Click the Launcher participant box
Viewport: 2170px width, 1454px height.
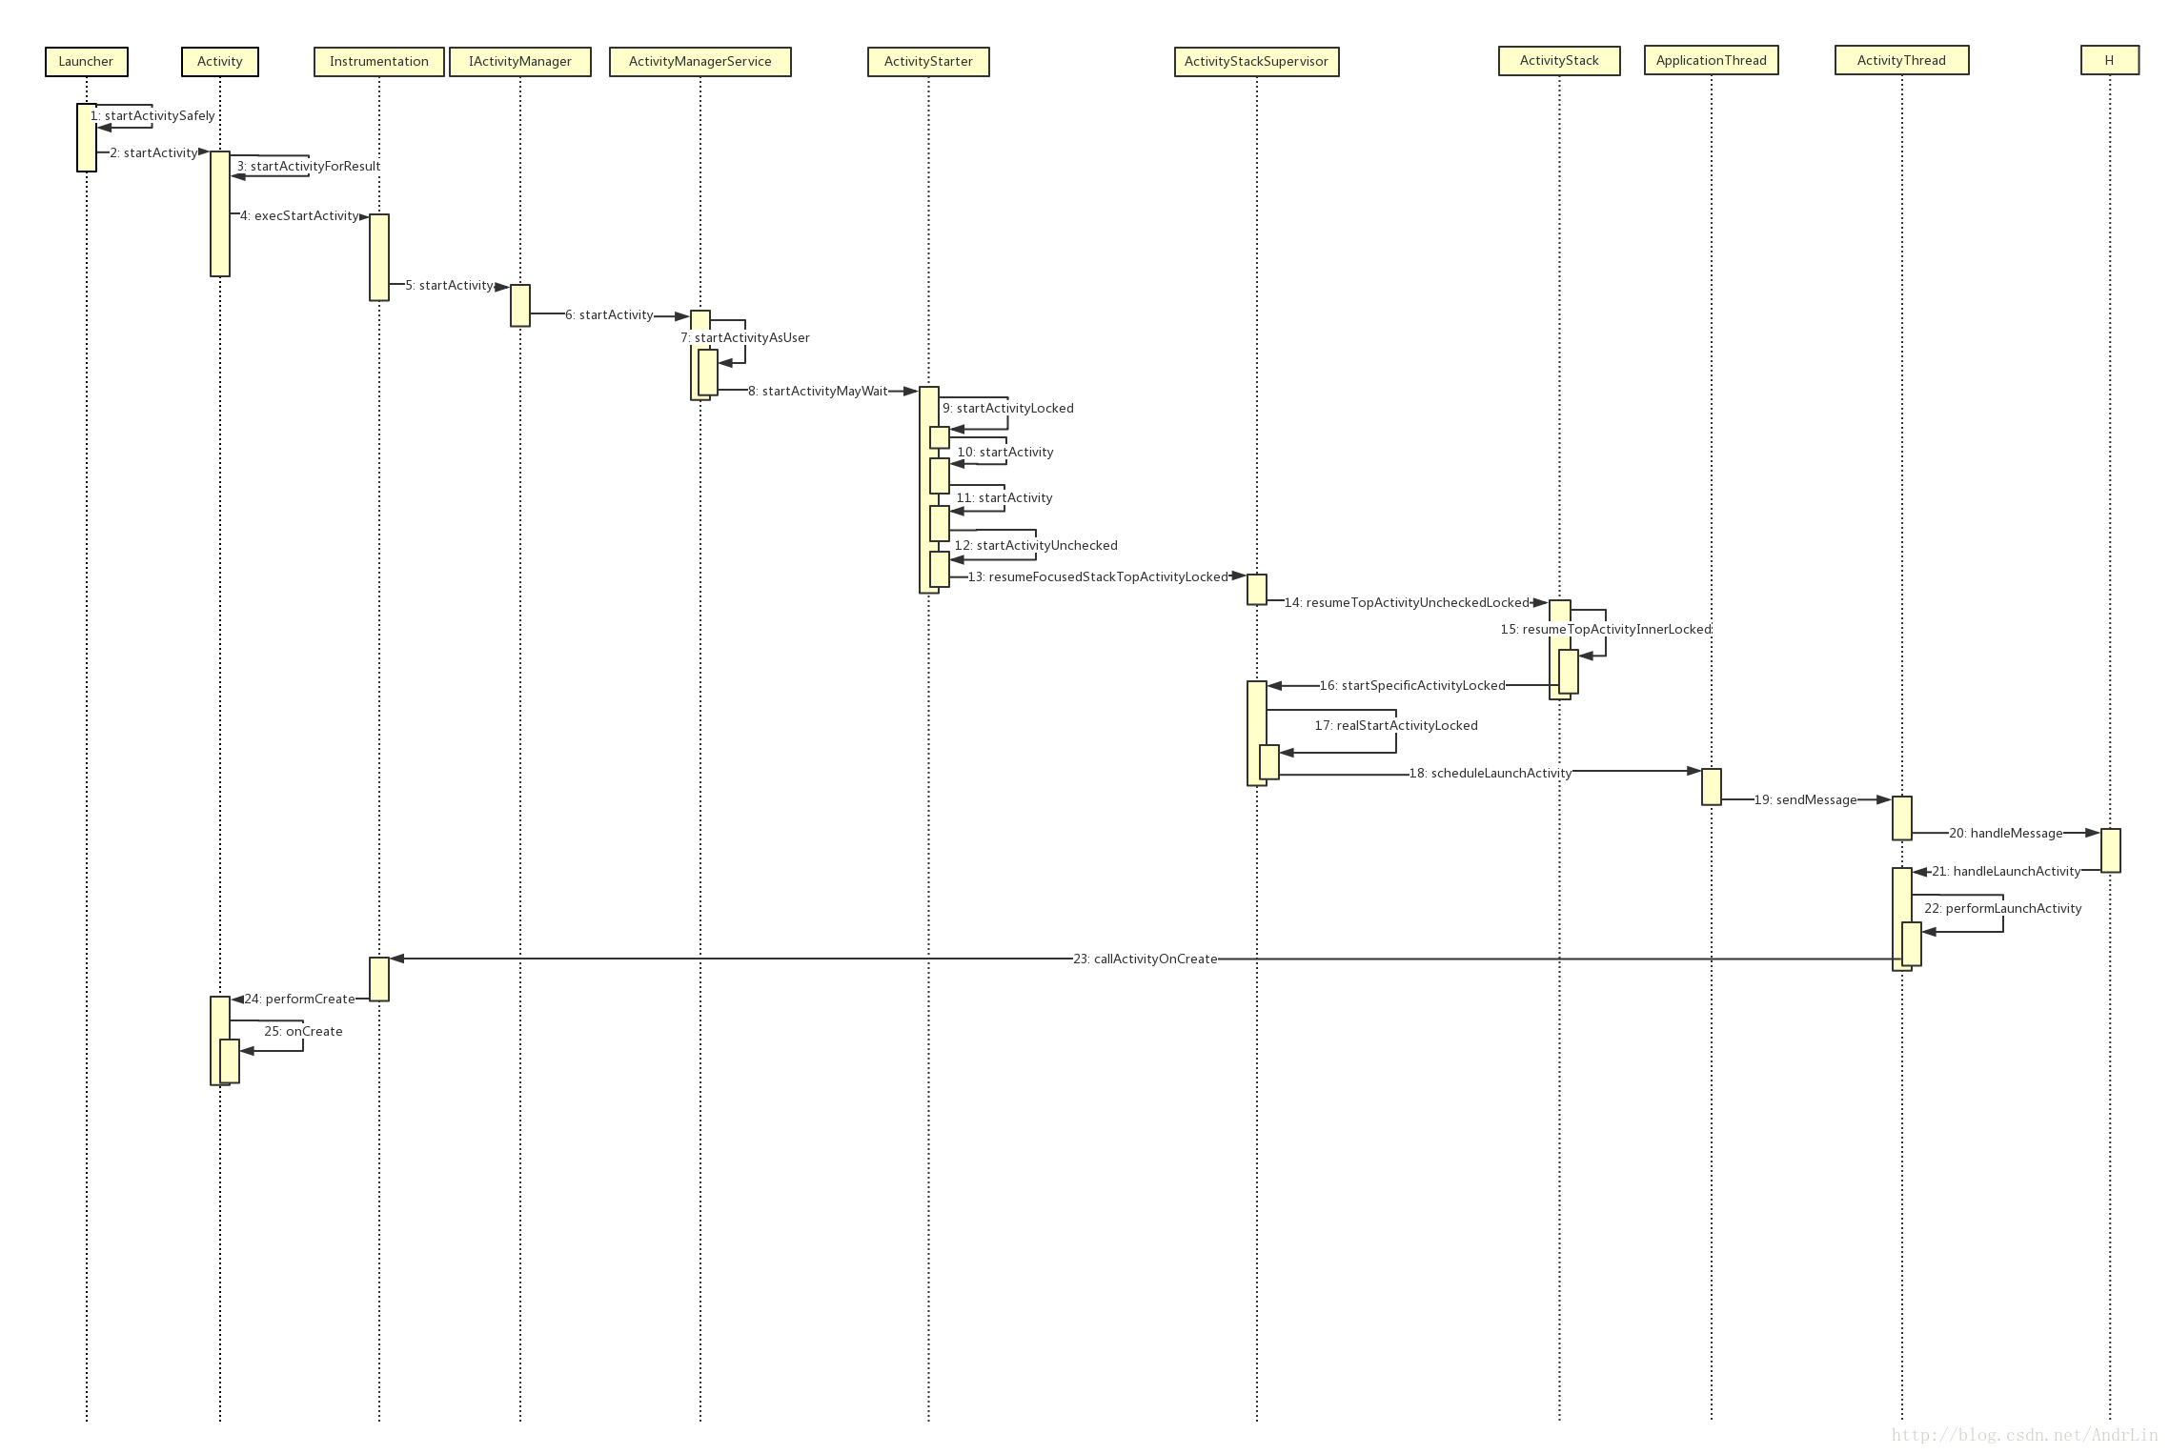pos(86,62)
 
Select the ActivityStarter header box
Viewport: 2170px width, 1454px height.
pos(928,62)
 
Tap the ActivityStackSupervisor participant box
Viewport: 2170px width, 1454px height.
pos(1256,62)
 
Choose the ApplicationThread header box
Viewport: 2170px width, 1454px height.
pos(1711,61)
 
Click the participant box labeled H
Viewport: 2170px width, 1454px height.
pos(2109,61)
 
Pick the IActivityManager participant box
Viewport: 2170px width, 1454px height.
pos(519,62)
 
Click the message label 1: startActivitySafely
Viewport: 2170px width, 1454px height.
pos(153,116)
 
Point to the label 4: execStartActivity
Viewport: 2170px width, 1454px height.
pos(299,216)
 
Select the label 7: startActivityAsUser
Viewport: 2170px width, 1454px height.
pos(745,338)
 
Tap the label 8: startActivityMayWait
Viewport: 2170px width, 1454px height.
pos(818,392)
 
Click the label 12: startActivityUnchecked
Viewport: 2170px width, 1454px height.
pos(1036,546)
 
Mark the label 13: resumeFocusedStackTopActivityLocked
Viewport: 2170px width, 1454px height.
pos(1098,577)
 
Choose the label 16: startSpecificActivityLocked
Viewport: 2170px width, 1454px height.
pos(1412,686)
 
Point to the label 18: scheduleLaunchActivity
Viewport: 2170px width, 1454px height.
pos(1491,774)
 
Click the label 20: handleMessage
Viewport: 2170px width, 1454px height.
pos(2005,834)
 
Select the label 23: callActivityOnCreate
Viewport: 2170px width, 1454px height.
pos(1145,959)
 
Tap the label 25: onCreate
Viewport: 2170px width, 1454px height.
pos(303,1032)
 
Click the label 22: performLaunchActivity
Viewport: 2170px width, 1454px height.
pos(2002,909)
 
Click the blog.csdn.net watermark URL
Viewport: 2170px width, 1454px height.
pos(2024,1435)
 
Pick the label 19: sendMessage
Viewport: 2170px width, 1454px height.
pos(1805,800)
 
